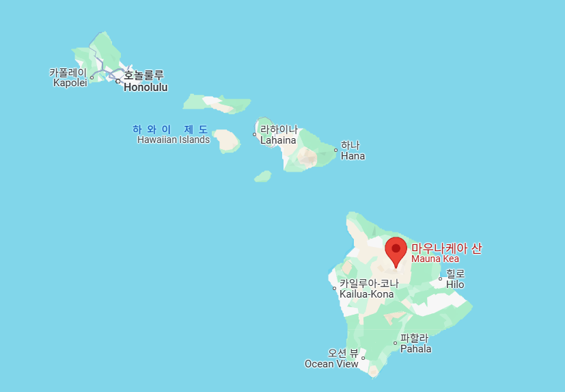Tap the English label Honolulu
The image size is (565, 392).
(x=146, y=88)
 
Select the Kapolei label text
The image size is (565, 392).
(x=70, y=83)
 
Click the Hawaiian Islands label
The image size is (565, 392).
(x=173, y=140)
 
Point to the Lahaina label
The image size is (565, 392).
(x=278, y=140)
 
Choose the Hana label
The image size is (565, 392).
(x=353, y=156)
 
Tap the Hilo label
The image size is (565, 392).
(x=455, y=284)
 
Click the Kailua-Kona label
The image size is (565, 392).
(x=366, y=294)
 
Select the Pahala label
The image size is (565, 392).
(x=415, y=349)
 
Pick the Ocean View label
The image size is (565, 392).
(x=331, y=364)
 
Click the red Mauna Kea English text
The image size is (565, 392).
(x=435, y=259)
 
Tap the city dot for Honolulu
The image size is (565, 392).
(x=118, y=81)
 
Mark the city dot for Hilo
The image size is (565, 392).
(x=441, y=278)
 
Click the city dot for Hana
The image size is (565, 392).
(x=335, y=151)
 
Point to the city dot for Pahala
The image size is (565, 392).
(x=396, y=343)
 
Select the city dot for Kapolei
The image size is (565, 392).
(x=92, y=77)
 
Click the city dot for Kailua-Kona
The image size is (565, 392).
(x=335, y=288)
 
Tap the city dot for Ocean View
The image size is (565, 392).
(x=363, y=358)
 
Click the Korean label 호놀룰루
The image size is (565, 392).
(x=143, y=75)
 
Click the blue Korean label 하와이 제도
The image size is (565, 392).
(x=170, y=129)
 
